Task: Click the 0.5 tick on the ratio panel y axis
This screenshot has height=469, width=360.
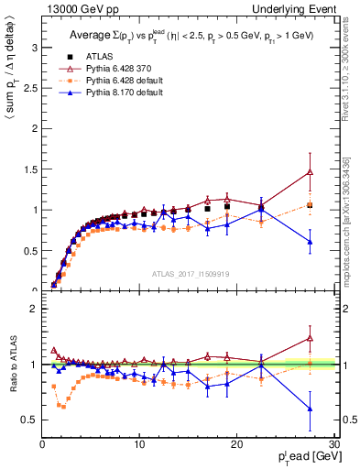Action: [30, 420]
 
